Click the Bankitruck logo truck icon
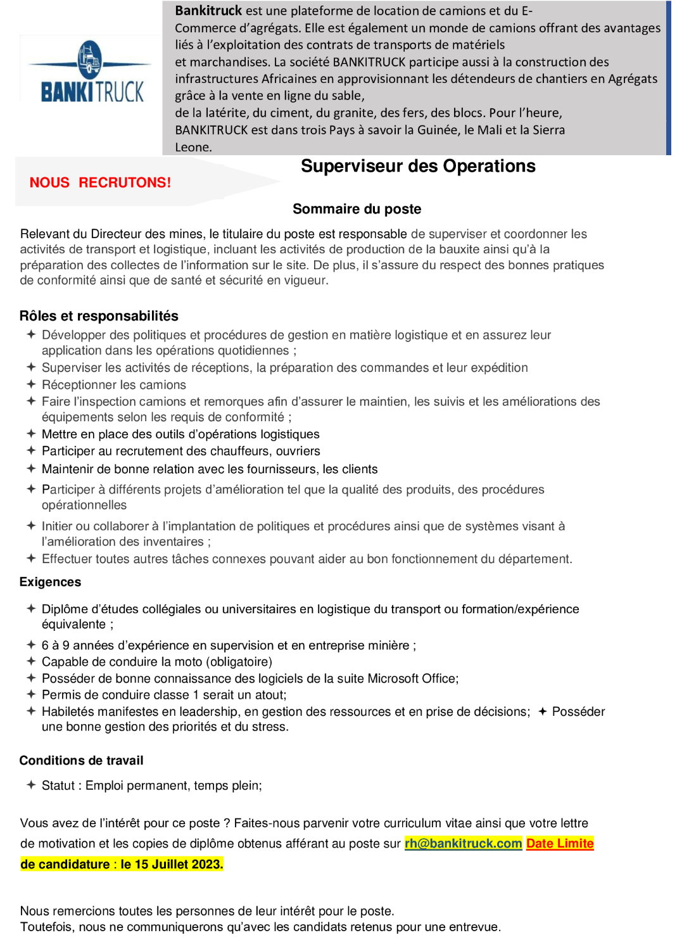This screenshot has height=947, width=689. tap(89, 60)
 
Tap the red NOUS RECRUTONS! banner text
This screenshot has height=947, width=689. tap(100, 182)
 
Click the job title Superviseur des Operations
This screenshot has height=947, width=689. tap(418, 167)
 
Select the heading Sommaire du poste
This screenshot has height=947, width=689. tap(357, 209)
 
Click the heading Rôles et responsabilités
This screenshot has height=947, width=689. tap(99, 316)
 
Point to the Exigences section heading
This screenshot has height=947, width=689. tap(50, 582)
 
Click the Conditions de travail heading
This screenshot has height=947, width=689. tap(81, 761)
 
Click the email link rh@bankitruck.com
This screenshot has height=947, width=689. tap(463, 844)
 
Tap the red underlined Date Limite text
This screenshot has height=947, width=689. tap(560, 844)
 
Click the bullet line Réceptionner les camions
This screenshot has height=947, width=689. tap(114, 385)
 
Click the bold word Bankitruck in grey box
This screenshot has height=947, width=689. tap(208, 11)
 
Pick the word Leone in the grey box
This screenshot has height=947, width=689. tap(193, 148)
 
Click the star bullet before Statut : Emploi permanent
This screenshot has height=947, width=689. tap(30, 785)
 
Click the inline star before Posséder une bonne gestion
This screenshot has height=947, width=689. tap(542, 711)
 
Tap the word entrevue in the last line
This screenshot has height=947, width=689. tap(476, 927)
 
